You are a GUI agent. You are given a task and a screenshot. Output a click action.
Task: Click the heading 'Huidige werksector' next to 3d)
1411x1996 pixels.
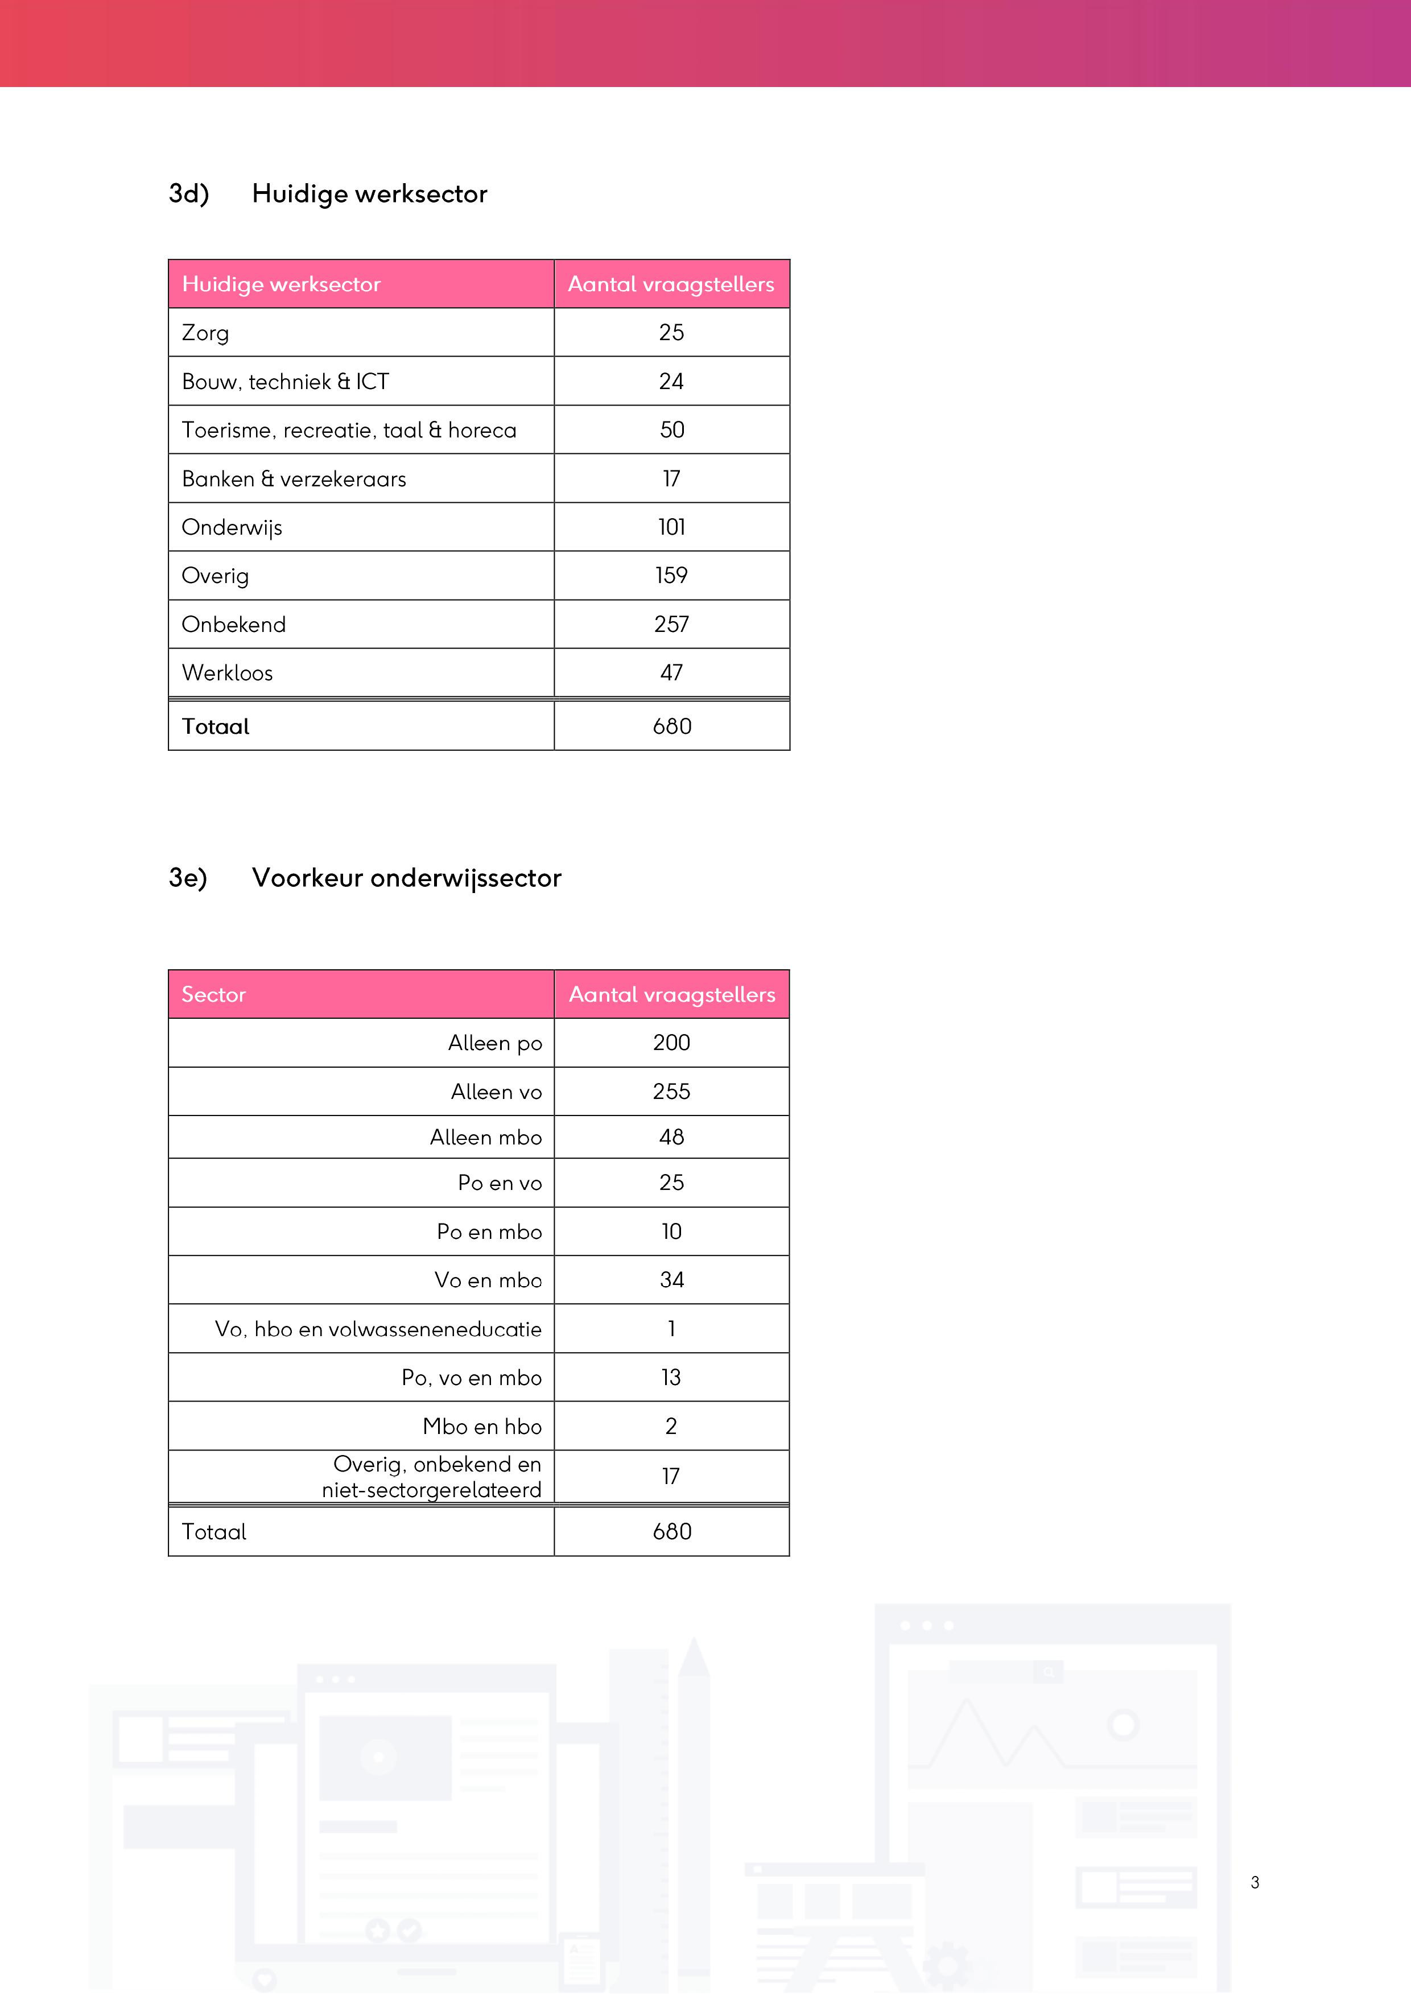pyautogui.click(x=369, y=194)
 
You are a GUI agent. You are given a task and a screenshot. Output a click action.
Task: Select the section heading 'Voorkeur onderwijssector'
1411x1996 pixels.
pyautogui.click(x=406, y=878)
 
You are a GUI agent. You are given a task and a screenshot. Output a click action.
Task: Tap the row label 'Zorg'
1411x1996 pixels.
pyautogui.click(x=205, y=333)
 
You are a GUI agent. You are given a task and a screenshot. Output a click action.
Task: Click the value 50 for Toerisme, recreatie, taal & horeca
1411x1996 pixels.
pyautogui.click(x=671, y=431)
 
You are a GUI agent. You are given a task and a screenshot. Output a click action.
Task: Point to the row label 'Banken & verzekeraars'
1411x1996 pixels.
pyautogui.click(x=294, y=479)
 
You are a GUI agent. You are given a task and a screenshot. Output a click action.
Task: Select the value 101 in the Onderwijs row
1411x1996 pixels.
pyautogui.click(x=671, y=528)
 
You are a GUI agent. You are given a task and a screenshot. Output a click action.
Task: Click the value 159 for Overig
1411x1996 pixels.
pyautogui.click(x=671, y=576)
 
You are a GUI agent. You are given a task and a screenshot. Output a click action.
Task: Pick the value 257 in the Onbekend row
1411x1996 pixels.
pyautogui.click(x=671, y=624)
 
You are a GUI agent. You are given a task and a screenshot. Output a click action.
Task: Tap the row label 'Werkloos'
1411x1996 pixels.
pyautogui.click(x=227, y=673)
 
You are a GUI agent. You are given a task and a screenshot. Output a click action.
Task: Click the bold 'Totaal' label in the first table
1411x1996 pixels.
pyautogui.click(x=216, y=727)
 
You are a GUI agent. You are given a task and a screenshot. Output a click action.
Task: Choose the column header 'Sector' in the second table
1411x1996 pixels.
pyautogui.click(x=214, y=994)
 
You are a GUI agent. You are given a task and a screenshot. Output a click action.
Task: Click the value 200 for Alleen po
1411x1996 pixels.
pyautogui.click(x=671, y=1043)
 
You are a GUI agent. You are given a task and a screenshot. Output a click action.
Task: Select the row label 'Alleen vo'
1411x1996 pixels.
pyautogui.click(x=496, y=1092)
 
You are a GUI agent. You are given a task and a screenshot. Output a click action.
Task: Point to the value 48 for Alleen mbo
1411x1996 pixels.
pyautogui.click(x=671, y=1137)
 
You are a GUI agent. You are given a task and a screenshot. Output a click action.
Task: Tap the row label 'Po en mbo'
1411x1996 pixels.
pyautogui.click(x=489, y=1232)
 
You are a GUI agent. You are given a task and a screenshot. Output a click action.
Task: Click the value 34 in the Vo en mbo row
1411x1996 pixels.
pyautogui.click(x=671, y=1280)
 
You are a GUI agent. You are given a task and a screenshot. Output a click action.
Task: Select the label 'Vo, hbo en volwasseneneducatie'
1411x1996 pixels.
pyautogui.click(x=378, y=1329)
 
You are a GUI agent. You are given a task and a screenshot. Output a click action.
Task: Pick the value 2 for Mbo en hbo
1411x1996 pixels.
pyautogui.click(x=671, y=1427)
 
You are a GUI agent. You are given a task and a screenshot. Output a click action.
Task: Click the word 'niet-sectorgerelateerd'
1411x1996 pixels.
pyautogui.click(x=431, y=1490)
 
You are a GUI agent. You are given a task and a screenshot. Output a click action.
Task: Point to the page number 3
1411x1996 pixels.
pyautogui.click(x=1255, y=1883)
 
